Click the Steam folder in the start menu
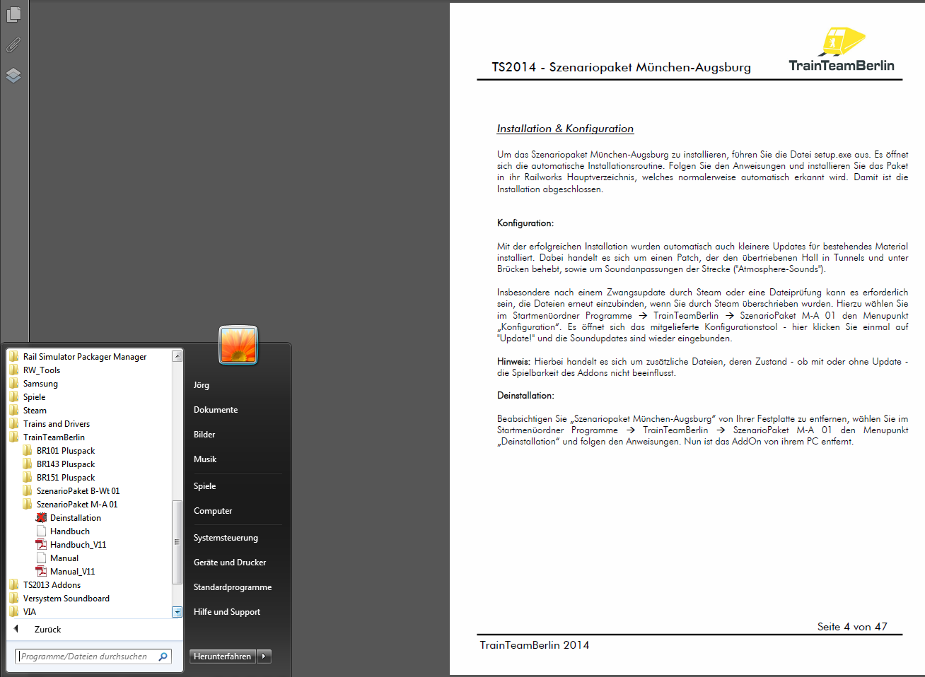35,411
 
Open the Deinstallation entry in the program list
75,518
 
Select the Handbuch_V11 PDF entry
78,545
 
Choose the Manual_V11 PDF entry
72,572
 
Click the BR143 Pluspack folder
65,464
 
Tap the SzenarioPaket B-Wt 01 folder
78,491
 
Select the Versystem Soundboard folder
66,599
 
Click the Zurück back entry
47,630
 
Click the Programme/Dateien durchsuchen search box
88,657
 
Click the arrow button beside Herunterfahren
264,657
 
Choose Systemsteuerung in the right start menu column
226,538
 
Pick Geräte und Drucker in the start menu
230,563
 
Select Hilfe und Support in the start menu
227,612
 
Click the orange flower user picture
238,345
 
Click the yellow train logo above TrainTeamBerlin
842,42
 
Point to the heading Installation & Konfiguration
565,129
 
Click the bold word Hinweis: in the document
513,362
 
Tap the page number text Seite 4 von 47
851,627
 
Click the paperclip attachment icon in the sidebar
13,45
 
